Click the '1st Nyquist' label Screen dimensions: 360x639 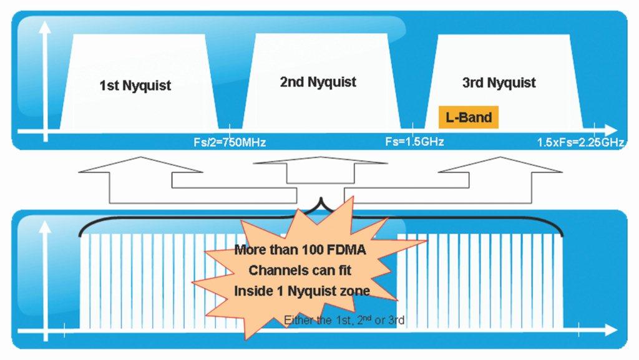tap(135, 85)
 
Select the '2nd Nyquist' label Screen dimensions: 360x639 tap(318, 82)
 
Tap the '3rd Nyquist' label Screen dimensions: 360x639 tap(499, 82)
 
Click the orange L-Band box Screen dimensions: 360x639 tap(468, 117)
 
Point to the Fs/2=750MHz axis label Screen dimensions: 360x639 tap(230, 142)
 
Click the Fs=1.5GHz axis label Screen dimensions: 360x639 tap(414, 142)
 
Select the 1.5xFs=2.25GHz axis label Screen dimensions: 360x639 tap(581, 142)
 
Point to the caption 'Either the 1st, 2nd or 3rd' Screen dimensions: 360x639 tap(344, 321)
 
